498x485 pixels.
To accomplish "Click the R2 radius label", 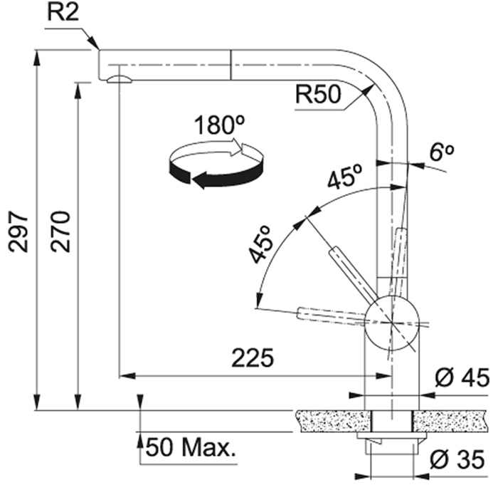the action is [63, 13].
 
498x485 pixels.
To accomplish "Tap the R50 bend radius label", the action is [318, 95].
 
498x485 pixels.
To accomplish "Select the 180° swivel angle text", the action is [219, 125].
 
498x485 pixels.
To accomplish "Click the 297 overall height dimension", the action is [18, 231].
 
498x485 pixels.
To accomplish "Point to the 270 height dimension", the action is [60, 231].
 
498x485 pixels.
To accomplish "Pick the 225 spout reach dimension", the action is [253, 358].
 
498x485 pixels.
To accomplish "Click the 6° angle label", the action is [442, 152].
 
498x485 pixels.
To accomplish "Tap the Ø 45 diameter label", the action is [462, 378].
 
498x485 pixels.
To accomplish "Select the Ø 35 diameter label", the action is [457, 459].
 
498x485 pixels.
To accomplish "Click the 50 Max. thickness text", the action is [191, 447].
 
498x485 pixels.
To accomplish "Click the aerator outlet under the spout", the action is [119, 79].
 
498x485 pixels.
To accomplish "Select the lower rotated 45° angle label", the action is [260, 244].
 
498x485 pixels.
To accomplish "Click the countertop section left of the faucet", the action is [333, 422].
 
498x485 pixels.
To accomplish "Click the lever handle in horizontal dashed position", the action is [331, 316].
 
